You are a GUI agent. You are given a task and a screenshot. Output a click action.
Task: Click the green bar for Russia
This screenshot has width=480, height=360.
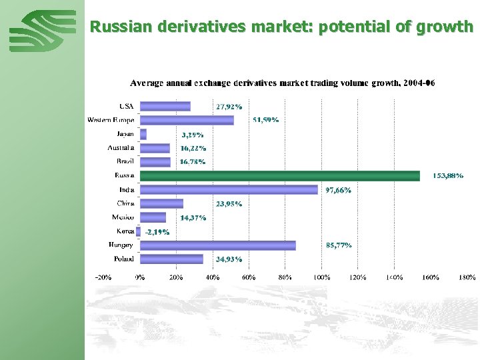(280, 175)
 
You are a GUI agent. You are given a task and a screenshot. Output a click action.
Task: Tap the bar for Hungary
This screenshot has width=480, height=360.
(218, 245)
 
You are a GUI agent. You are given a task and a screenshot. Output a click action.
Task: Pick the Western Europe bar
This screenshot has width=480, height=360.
(187, 120)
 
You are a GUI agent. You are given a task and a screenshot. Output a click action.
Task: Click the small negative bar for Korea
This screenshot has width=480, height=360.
(139, 231)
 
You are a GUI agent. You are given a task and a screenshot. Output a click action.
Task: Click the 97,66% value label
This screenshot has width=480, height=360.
(338, 190)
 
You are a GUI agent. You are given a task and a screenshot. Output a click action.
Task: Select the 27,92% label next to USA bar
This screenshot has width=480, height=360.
(229, 106)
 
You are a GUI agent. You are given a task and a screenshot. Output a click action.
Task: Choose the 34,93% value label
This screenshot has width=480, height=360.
(229, 259)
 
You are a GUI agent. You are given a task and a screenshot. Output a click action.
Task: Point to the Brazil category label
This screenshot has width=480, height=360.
(125, 161)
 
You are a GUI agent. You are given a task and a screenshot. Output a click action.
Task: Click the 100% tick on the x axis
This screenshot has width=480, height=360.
(322, 277)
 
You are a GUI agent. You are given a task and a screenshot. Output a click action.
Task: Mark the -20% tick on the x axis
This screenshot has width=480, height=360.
(103, 277)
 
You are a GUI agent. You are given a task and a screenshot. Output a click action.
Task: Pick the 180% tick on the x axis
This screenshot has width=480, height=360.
(467, 277)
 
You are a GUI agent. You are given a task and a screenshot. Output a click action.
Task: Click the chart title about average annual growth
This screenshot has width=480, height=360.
(282, 83)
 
